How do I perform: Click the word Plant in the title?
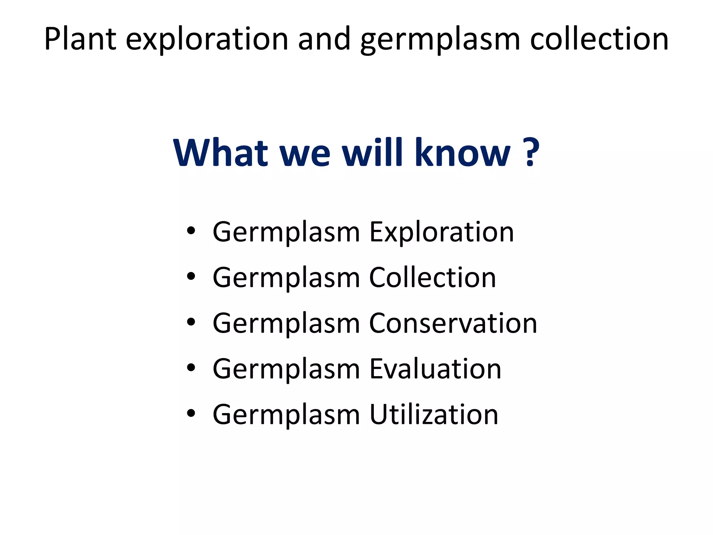pos(80,39)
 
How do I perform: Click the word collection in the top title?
pos(599,39)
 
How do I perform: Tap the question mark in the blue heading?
pos(531,153)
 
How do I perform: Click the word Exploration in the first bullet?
pos(441,232)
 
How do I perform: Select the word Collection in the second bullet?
pos(432,278)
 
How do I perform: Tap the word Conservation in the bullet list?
pos(453,323)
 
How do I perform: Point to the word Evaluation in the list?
pos(435,369)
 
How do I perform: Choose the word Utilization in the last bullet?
pos(434,414)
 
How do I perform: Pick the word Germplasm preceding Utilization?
pos(286,415)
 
